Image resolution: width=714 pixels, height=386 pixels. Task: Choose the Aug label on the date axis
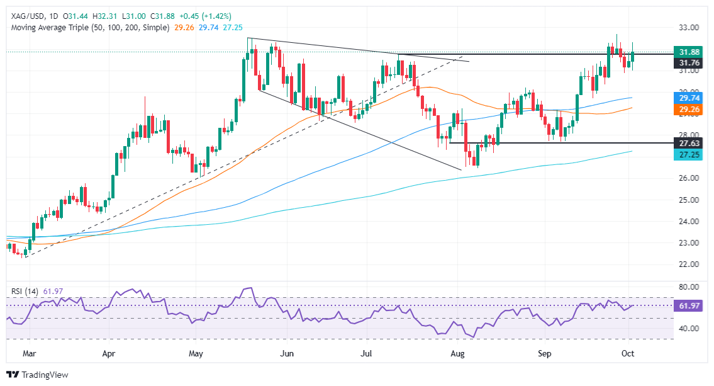pos(458,354)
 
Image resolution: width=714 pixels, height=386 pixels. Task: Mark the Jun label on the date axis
pos(287,354)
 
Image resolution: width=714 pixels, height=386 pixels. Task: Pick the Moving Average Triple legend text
pos(88,28)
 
